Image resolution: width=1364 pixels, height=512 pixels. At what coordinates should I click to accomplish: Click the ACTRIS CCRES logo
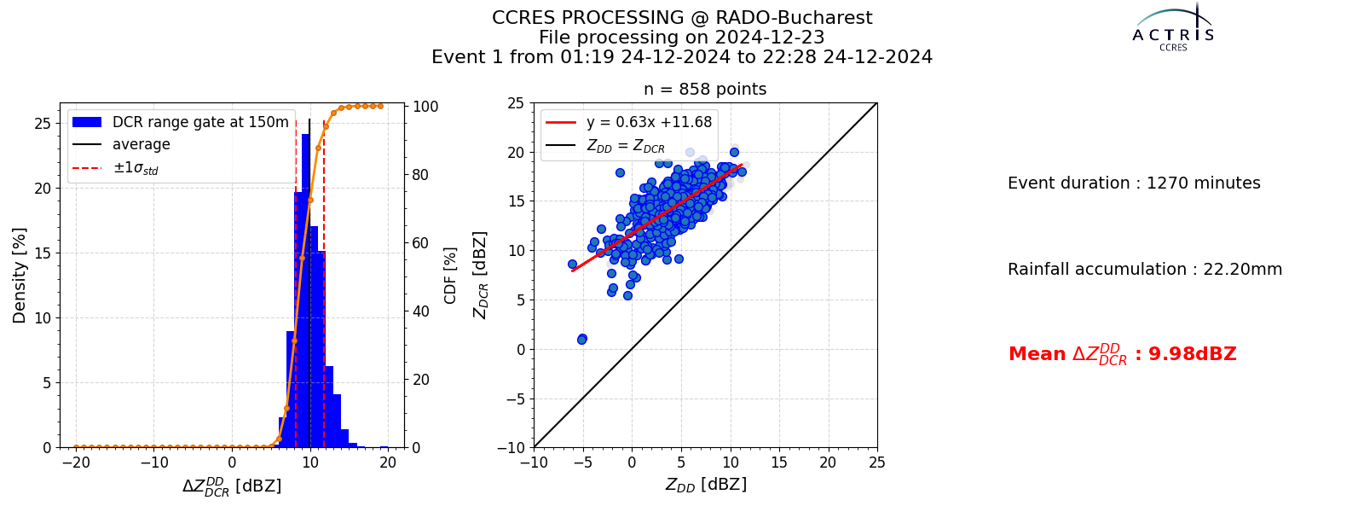click(x=1173, y=28)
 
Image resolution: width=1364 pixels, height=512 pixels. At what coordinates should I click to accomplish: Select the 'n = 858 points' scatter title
click(x=705, y=89)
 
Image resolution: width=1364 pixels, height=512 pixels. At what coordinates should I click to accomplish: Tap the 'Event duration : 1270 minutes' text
click(x=1134, y=183)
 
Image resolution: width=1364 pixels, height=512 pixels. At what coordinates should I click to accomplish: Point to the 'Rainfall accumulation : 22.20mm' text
click(x=1145, y=269)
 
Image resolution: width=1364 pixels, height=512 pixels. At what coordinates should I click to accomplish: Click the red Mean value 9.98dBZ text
click(x=1122, y=354)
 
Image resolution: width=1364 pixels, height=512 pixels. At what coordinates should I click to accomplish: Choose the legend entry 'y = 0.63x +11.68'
click(x=649, y=122)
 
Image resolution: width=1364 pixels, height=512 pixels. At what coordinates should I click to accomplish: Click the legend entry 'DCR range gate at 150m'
click(x=200, y=122)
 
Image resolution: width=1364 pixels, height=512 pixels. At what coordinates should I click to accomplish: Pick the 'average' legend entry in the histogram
click(x=142, y=144)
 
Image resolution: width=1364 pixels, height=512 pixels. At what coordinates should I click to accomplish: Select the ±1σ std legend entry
click(x=136, y=167)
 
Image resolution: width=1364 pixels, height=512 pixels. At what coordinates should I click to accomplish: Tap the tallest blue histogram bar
click(x=306, y=291)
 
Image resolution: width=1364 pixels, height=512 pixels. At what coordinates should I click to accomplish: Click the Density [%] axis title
click(x=20, y=276)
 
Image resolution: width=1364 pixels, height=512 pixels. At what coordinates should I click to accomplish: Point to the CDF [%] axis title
click(x=450, y=276)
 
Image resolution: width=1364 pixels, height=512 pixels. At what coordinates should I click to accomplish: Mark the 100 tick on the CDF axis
click(x=425, y=106)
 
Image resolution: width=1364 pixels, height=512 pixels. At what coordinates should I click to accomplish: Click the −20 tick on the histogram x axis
click(x=76, y=463)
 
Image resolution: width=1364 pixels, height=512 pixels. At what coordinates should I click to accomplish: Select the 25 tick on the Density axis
click(x=43, y=124)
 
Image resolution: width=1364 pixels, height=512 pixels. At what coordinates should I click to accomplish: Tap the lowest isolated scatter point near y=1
click(x=582, y=339)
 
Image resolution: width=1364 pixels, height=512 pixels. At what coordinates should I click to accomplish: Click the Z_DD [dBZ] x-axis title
click(x=706, y=485)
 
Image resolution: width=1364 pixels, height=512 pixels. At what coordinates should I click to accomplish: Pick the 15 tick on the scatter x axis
click(x=779, y=463)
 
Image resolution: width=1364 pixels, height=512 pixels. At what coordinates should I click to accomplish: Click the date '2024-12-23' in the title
click(x=770, y=38)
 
